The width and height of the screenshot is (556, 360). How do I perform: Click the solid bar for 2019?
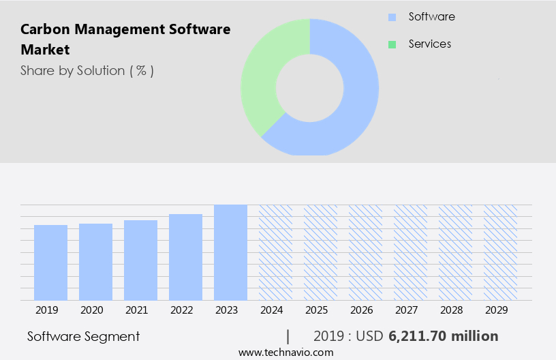[50, 262]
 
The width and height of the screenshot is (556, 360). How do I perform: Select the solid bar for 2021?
[140, 260]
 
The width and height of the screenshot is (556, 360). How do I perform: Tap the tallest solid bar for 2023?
[230, 252]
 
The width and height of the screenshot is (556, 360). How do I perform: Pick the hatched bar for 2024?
[275, 252]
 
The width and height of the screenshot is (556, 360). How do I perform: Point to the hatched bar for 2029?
[500, 252]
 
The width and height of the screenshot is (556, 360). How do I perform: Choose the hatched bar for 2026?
[365, 252]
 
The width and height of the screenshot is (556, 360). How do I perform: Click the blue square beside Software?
[392, 17]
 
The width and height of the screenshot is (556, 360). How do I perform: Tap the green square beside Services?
[392, 44]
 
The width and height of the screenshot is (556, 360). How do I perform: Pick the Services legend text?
[429, 44]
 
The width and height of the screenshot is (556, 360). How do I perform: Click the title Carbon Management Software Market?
[125, 40]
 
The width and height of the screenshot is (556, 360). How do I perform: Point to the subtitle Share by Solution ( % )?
[87, 70]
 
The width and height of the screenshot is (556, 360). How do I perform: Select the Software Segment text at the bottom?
[83, 336]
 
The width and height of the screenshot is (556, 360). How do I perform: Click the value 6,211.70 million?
[443, 336]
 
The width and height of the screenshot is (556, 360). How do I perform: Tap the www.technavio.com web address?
[285, 352]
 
